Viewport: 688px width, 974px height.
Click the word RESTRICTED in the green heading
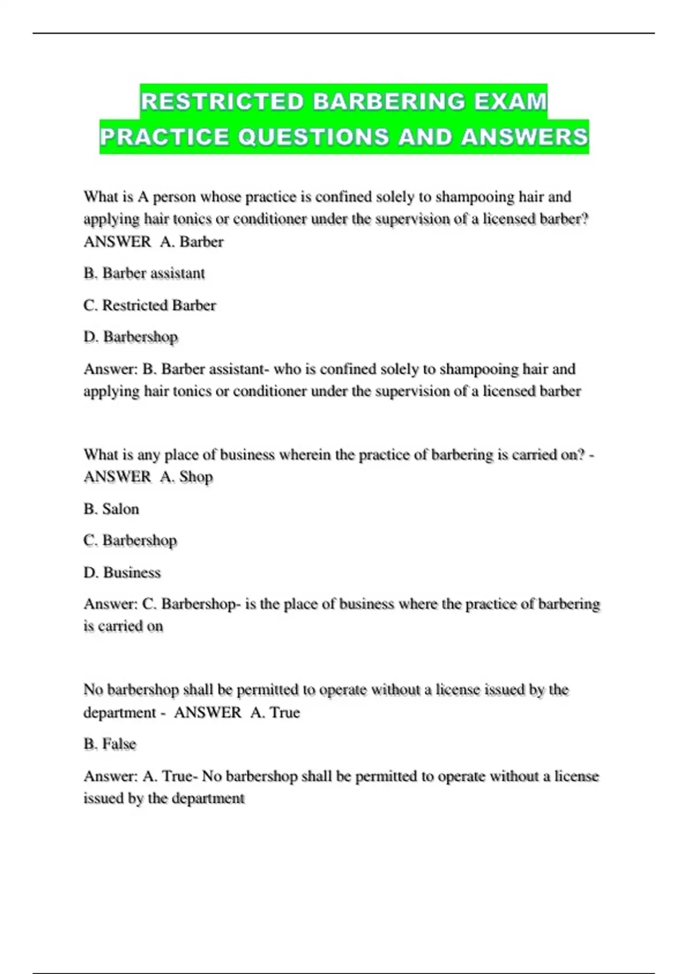[x=222, y=101]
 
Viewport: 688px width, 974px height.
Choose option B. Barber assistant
[x=144, y=273]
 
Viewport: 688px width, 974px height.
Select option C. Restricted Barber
[x=150, y=305]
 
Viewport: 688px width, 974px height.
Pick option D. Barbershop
[x=131, y=337]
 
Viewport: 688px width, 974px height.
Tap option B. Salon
[x=111, y=509]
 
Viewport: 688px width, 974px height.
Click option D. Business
[x=122, y=572]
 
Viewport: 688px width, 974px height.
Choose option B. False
[x=110, y=744]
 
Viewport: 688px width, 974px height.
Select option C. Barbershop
[x=130, y=540]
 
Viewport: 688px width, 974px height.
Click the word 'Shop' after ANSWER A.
[x=196, y=477]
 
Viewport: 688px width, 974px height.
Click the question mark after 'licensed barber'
[x=585, y=219]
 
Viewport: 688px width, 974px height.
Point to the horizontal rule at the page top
[x=344, y=33]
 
